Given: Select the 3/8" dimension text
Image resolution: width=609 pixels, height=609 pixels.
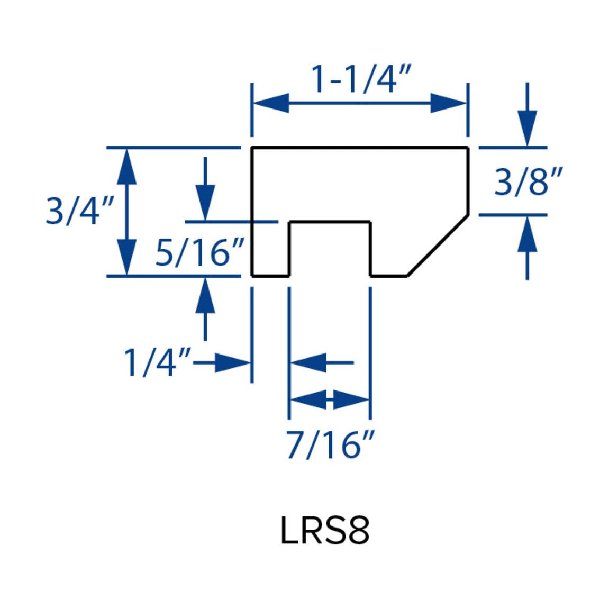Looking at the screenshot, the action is [528, 181].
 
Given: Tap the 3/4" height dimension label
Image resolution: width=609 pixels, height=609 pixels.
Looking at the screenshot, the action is [79, 211].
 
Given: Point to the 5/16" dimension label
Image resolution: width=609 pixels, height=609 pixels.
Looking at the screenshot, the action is [199, 252].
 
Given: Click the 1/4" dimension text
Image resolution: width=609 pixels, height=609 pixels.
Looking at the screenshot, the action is [157, 362].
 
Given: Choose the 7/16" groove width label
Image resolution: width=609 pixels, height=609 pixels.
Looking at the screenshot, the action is [331, 445].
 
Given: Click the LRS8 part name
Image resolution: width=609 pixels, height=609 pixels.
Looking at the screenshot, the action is [325, 531].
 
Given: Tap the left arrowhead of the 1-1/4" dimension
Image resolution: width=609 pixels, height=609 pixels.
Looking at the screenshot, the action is [271, 103].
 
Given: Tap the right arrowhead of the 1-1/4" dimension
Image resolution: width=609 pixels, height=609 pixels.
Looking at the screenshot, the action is [448, 103].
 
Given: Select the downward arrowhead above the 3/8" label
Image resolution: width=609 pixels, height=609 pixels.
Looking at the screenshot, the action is [527, 128].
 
